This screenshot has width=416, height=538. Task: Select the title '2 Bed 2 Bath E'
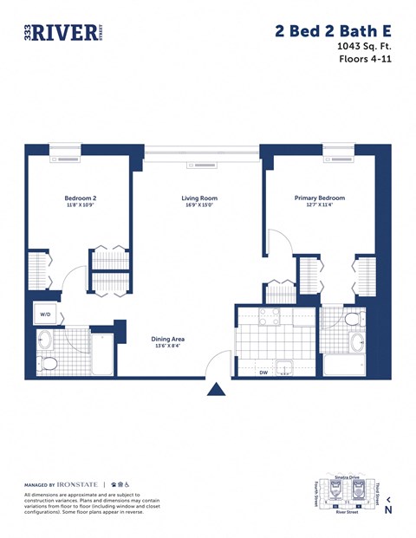(332, 31)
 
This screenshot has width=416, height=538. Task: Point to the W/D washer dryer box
(44, 314)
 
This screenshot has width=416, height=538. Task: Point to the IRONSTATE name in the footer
(78, 484)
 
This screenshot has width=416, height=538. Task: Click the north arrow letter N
(388, 509)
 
